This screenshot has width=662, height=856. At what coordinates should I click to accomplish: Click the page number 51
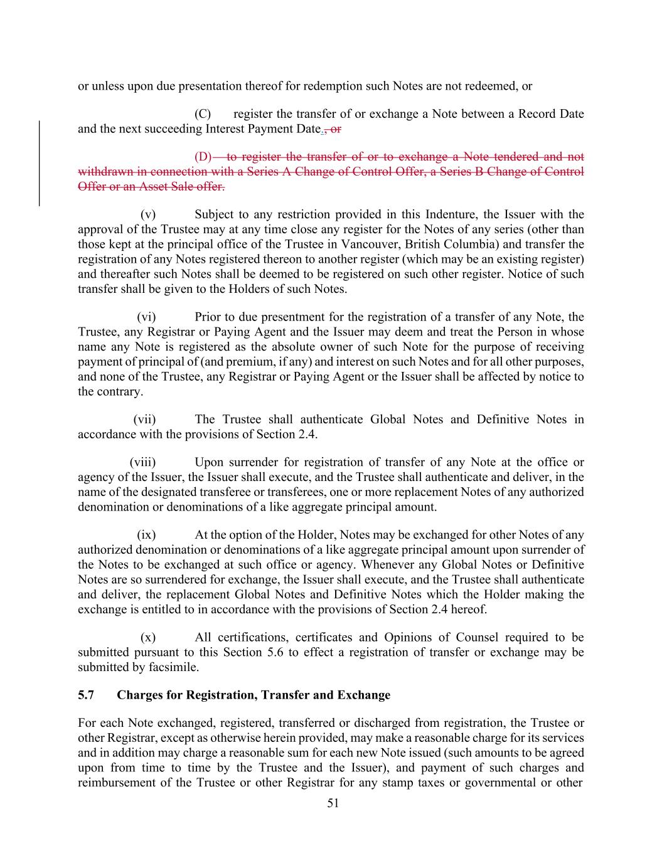tap(333, 803)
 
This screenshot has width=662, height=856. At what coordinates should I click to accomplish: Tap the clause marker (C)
tap(203, 114)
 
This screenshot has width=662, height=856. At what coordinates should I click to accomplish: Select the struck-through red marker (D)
tap(203, 157)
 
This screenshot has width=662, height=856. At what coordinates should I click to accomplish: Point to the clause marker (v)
tap(148, 214)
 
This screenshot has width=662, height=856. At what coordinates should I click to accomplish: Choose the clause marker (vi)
tap(146, 317)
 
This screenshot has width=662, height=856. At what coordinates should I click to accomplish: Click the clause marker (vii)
tap(145, 420)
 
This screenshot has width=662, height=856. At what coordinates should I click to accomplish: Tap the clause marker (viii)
tap(143, 463)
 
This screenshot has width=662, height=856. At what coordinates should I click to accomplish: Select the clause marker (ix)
tap(146, 535)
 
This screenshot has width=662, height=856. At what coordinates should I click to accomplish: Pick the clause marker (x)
tap(148, 638)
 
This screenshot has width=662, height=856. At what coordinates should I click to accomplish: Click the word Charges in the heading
tap(139, 695)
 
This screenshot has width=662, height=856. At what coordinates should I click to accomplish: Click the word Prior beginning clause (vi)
tap(208, 317)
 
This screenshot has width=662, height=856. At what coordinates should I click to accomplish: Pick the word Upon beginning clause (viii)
tap(208, 463)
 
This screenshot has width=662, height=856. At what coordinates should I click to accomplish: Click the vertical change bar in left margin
tap(40, 163)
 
